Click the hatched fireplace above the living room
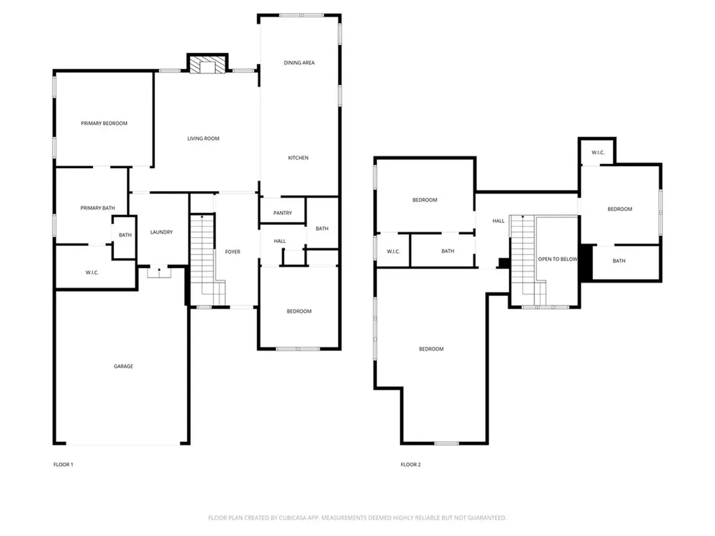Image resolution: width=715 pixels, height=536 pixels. point(207,64)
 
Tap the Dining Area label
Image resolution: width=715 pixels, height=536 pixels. point(299,63)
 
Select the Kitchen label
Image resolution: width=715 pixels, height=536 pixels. point(298,158)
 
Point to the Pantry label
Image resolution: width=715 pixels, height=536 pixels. point(283,213)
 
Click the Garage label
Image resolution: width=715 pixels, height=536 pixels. point(124,366)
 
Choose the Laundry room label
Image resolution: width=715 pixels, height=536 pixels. point(161,232)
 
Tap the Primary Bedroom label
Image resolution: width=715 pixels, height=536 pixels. point(104,123)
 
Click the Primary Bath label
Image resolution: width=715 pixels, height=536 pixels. point(98,208)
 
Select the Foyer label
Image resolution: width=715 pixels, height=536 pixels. point(233,251)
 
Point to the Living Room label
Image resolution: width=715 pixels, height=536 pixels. point(203,139)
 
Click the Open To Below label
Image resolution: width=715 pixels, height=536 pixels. point(558,259)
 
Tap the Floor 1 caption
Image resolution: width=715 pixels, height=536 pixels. point(64,464)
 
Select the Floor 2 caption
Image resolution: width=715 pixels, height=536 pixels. point(411,464)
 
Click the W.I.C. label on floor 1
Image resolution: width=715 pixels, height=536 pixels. point(92,273)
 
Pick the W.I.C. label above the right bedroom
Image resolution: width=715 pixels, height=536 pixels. point(598,152)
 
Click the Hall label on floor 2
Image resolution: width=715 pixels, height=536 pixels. point(499,221)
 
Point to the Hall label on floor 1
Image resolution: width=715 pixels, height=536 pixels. point(280,241)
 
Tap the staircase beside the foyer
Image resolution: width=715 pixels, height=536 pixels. point(207,260)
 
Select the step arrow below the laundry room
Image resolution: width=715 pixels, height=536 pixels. point(159,272)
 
